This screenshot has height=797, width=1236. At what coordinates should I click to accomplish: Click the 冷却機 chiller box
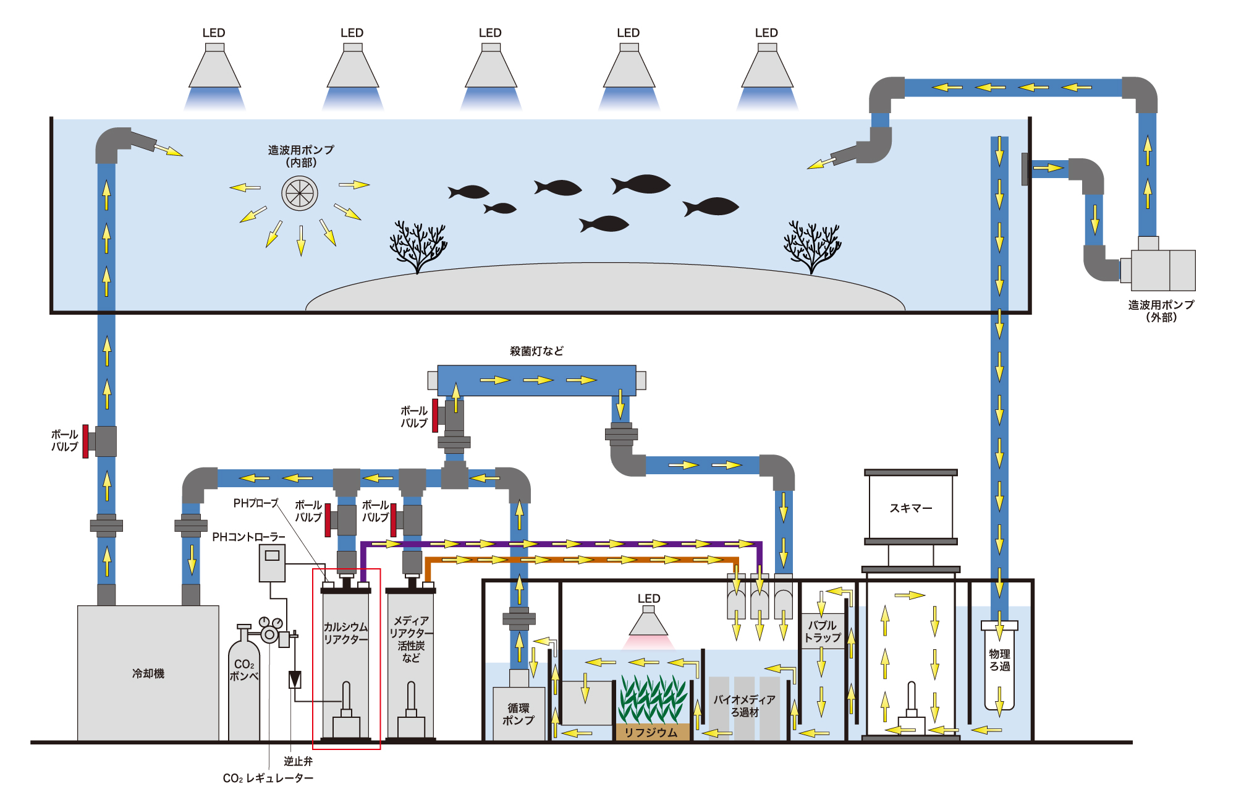[x=148, y=673]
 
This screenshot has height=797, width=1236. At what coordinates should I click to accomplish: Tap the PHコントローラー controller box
[x=272, y=563]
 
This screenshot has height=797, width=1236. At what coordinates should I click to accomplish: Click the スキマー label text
[x=910, y=508]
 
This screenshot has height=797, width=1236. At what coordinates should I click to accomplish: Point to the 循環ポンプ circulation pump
[x=519, y=713]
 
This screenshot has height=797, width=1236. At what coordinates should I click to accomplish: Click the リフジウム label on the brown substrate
[x=651, y=732]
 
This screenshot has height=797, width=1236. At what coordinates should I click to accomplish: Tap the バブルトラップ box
[x=822, y=631]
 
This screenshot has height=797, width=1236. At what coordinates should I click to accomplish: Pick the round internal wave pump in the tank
[x=300, y=194]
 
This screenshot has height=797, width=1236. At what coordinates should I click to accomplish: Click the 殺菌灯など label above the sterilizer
[x=536, y=351]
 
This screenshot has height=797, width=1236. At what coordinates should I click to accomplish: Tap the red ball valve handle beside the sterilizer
[x=435, y=416]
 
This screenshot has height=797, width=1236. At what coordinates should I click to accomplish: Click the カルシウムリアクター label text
[x=345, y=633]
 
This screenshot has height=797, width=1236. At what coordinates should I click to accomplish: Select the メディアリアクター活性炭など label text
[x=410, y=639]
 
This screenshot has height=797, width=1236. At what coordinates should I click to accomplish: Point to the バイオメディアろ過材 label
[x=744, y=705]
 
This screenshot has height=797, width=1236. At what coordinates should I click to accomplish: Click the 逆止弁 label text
[x=298, y=761]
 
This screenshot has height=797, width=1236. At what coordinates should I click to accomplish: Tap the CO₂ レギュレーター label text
[x=268, y=778]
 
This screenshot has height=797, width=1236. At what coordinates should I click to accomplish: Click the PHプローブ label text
[x=255, y=503]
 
